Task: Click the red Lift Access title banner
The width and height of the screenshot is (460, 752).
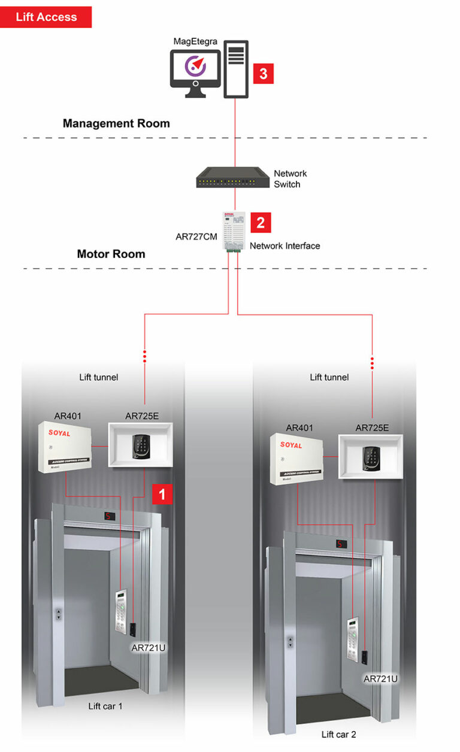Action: click(x=46, y=17)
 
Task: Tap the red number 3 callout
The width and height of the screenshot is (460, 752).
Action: click(x=263, y=74)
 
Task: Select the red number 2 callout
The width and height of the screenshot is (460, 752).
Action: click(x=261, y=222)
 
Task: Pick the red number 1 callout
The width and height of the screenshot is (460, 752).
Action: click(x=162, y=493)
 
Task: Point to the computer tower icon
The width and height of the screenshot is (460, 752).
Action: click(x=235, y=69)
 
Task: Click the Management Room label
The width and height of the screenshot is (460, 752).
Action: click(x=116, y=123)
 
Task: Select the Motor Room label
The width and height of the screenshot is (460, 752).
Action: click(x=111, y=254)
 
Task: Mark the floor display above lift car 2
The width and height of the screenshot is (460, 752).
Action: click(x=341, y=544)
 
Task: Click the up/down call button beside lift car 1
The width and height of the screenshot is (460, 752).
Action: click(x=59, y=614)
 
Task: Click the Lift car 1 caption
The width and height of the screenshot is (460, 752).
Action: click(x=105, y=706)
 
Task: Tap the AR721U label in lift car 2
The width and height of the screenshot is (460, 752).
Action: click(x=380, y=678)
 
